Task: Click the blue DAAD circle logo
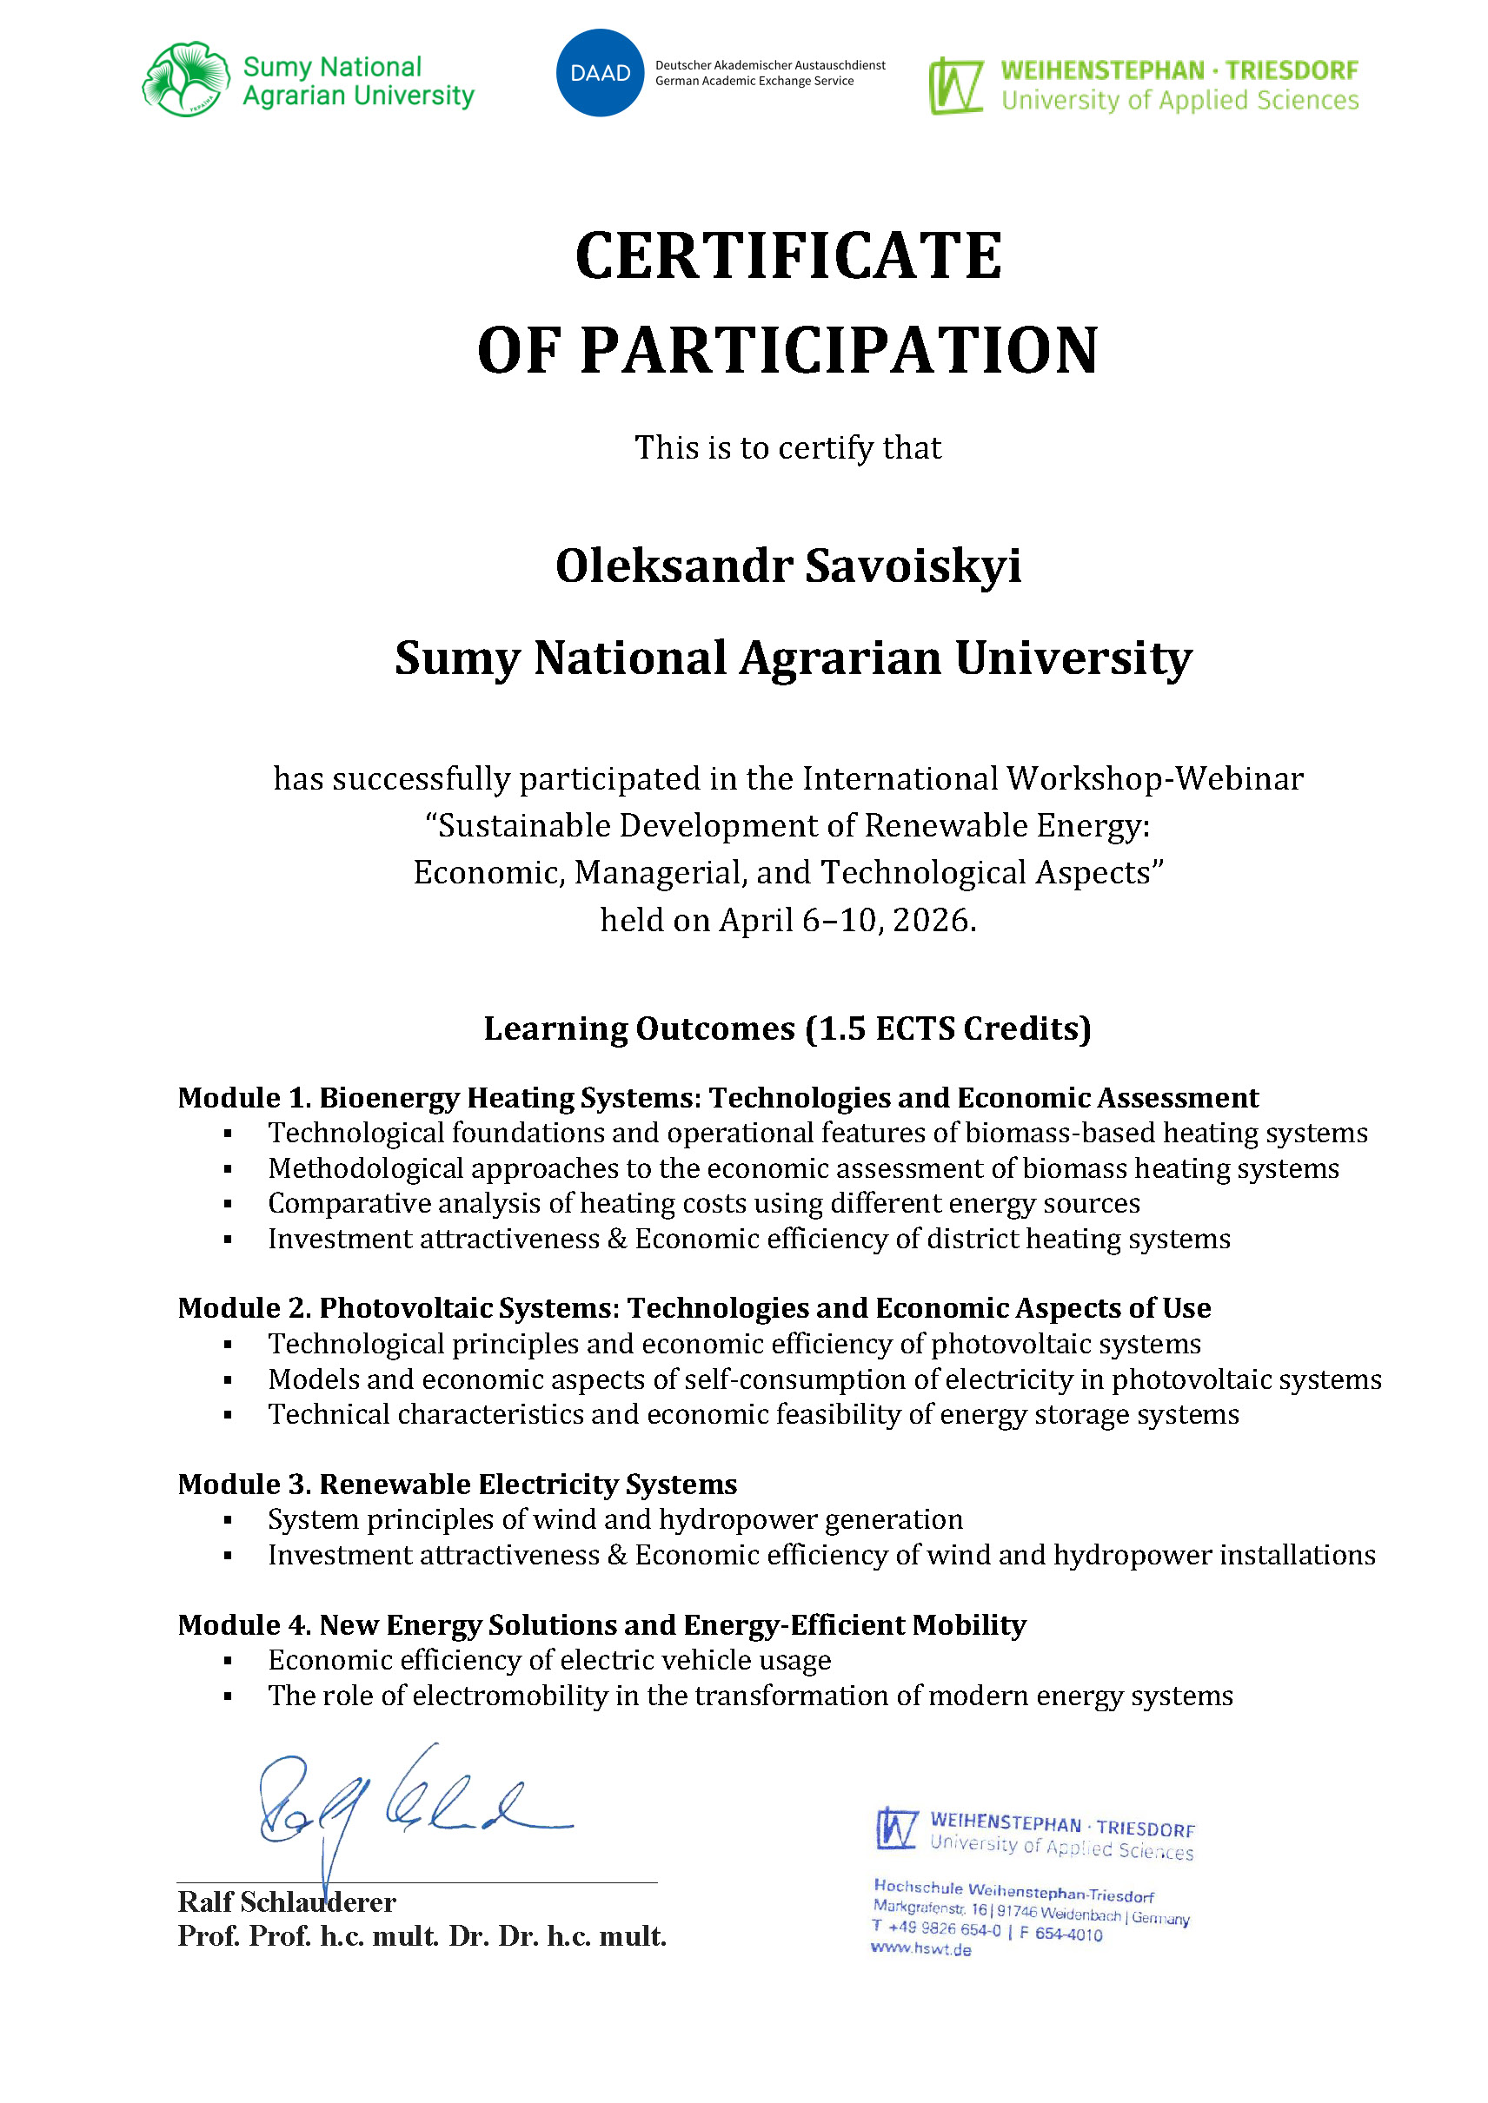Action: pos(600,73)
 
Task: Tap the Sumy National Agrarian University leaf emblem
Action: pos(186,80)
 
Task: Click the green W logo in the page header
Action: pos(956,86)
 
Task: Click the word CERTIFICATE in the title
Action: pos(788,255)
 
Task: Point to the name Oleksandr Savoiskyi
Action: pos(788,565)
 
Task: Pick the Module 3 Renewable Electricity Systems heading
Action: pos(457,1484)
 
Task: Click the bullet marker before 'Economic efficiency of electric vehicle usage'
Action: pos(228,1661)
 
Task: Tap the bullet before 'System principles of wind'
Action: pos(228,1520)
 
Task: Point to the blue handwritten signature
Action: pos(403,1804)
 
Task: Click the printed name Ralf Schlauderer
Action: pos(286,1902)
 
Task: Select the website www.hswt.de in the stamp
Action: pos(920,1949)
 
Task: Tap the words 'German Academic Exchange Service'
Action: pos(754,82)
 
